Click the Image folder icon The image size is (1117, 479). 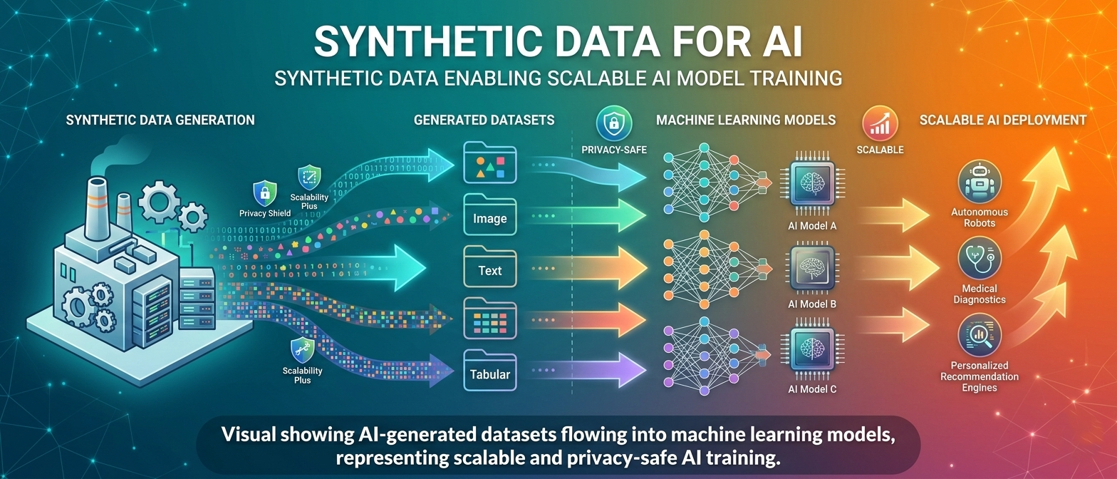490,213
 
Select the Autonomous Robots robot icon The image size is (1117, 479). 979,181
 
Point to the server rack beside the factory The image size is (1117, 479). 197,303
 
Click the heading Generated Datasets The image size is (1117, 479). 484,120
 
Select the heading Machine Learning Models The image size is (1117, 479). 746,120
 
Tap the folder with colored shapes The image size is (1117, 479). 490,163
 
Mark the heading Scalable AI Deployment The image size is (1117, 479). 1002,120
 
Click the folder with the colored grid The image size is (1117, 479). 490,319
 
